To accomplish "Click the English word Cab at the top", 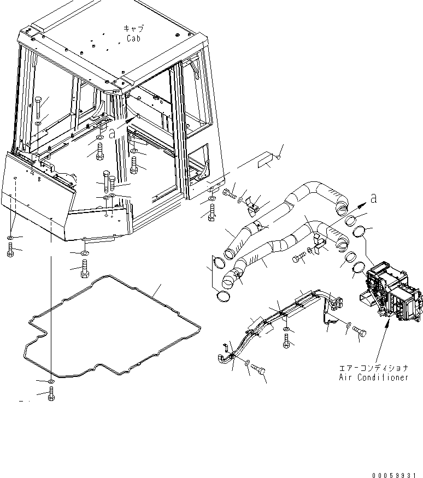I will pos(134,39).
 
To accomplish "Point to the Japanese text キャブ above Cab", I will pos(133,28).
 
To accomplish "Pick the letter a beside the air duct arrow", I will pos(373,200).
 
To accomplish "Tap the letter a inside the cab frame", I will pos(112,133).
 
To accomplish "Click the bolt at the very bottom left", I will pos(51,394).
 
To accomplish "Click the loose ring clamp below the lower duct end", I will pos(223,296).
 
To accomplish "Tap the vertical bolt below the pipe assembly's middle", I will pos(287,341).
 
